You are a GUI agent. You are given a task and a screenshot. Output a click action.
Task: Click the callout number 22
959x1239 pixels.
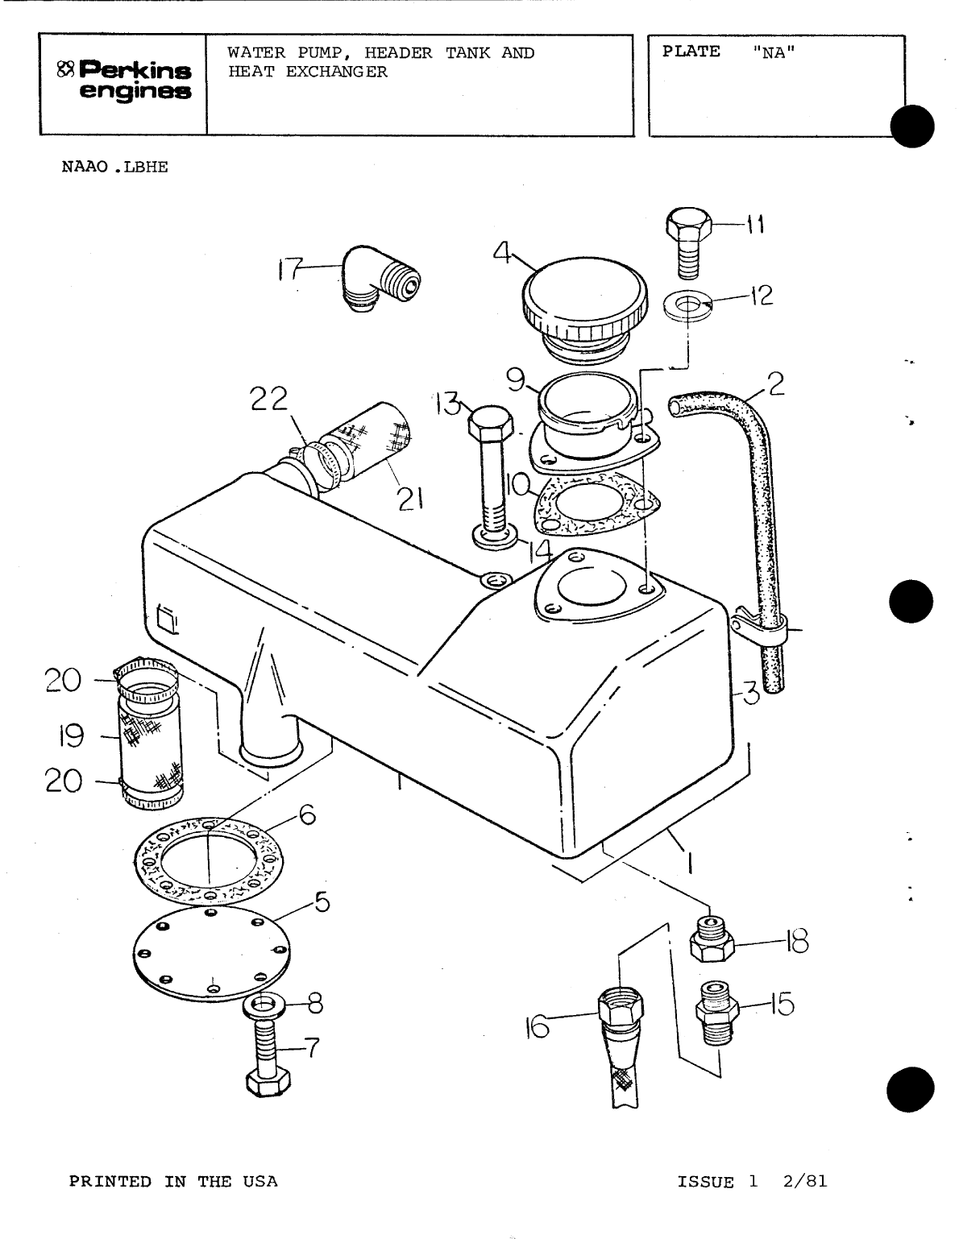click(268, 400)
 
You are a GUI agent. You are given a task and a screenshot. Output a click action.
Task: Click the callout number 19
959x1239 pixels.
click(72, 735)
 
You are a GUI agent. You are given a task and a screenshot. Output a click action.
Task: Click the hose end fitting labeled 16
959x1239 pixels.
click(621, 1017)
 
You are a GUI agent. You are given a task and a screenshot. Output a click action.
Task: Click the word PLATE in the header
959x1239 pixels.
click(691, 52)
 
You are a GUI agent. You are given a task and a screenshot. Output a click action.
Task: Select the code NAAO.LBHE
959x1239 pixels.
click(114, 168)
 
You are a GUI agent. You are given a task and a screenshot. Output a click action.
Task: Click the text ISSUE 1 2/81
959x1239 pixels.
click(752, 1182)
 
